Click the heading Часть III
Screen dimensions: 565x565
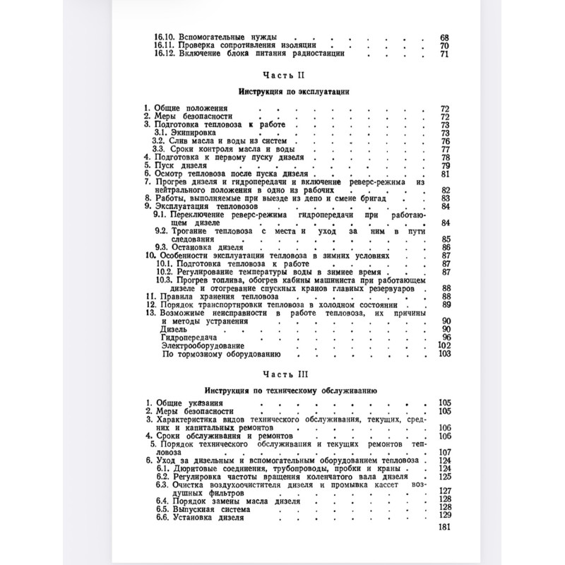tap(282, 374)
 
